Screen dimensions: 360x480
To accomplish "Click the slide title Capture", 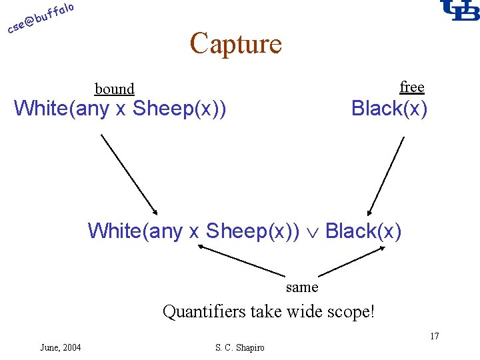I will pyautogui.click(x=235, y=44).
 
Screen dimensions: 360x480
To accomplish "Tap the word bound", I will pyautogui.click(x=115, y=89).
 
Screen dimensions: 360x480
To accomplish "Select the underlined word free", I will pyautogui.click(x=412, y=87).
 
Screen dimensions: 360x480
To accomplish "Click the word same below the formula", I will pyautogui.click(x=302, y=287).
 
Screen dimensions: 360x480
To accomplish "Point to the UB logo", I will pyautogui.click(x=459, y=11).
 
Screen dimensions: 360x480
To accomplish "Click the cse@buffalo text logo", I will pyautogui.click(x=40, y=18).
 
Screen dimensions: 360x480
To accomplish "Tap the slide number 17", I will pyautogui.click(x=434, y=336).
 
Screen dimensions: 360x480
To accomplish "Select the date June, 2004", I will pyautogui.click(x=61, y=347).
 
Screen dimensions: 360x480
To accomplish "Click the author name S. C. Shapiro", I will pyautogui.click(x=240, y=347).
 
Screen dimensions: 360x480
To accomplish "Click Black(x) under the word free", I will pyautogui.click(x=389, y=108).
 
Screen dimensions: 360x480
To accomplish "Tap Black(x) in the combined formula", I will pyautogui.click(x=363, y=231).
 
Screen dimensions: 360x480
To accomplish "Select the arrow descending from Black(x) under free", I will pyautogui.click(x=386, y=175).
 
